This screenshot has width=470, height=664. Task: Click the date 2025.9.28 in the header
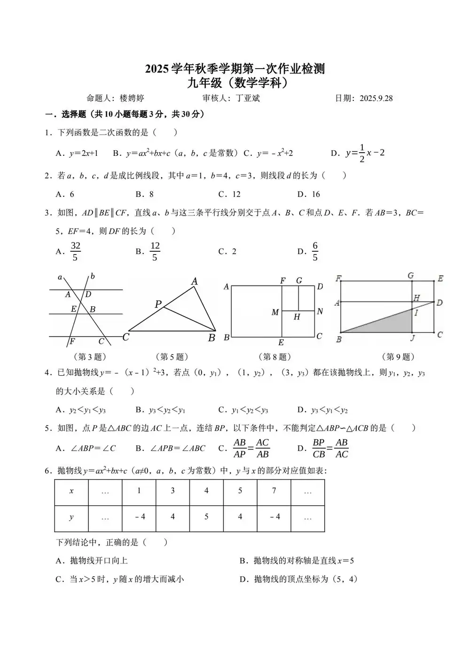coord(376,98)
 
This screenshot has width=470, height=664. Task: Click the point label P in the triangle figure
coord(158,304)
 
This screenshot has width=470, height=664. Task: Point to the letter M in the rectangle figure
coord(275,312)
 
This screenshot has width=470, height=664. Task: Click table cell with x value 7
coord(274,491)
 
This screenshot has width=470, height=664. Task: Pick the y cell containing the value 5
coord(206,517)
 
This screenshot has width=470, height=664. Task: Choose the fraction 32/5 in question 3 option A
coord(75,251)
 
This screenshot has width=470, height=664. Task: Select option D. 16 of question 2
coord(309,194)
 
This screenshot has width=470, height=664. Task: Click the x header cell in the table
coord(71,491)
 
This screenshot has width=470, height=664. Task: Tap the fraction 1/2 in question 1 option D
coord(361,153)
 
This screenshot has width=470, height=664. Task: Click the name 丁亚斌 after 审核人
coord(248,98)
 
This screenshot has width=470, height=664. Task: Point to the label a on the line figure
coord(60,278)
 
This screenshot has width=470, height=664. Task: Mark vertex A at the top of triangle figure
coord(195,281)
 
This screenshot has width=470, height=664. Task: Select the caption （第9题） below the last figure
coord(398,357)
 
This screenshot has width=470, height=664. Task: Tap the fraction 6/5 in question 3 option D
coord(315,251)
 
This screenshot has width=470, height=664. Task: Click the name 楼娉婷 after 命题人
coord(132,98)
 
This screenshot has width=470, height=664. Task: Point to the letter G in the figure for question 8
coord(299,280)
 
